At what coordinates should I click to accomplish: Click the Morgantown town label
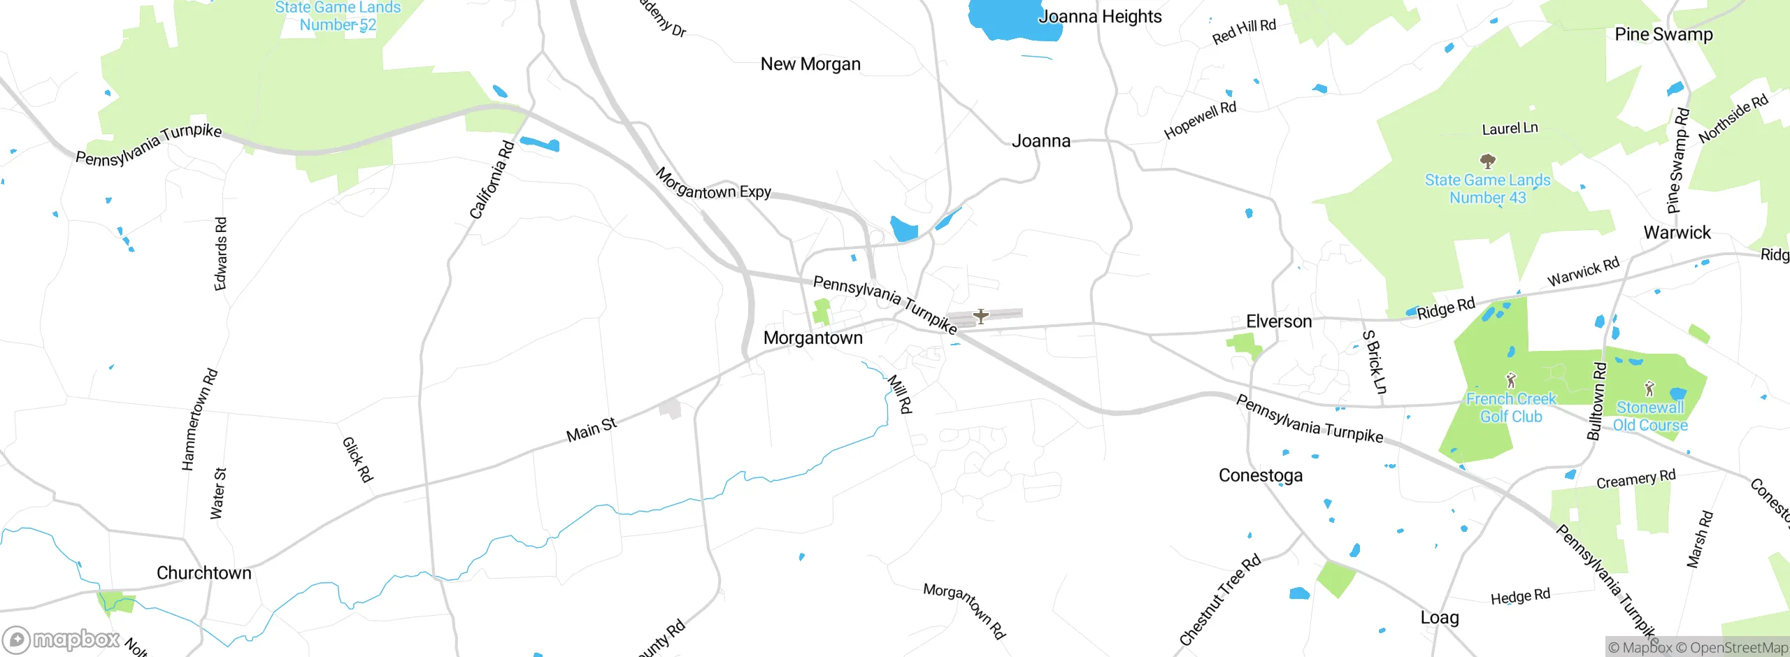[812, 338]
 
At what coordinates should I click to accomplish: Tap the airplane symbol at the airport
[981, 317]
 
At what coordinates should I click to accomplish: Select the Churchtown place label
[203, 573]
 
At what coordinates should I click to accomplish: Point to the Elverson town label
[1279, 322]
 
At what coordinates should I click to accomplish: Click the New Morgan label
[810, 64]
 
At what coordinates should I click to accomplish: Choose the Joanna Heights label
[1099, 17]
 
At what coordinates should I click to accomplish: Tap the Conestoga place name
[1261, 476]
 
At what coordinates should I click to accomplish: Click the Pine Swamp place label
[1663, 34]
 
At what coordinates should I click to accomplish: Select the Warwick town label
[1677, 233]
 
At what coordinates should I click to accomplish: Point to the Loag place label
[1439, 618]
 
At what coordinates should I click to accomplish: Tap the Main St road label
[592, 430]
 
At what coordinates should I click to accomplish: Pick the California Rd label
[492, 180]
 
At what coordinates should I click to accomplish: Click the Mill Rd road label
[900, 394]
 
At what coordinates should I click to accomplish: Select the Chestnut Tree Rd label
[1219, 600]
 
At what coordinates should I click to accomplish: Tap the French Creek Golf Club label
[1511, 407]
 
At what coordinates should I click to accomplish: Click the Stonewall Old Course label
[1650, 417]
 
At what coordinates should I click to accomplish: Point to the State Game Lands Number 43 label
[1487, 189]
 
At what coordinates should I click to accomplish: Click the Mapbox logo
[61, 639]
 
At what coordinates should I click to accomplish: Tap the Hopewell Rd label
[1200, 120]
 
